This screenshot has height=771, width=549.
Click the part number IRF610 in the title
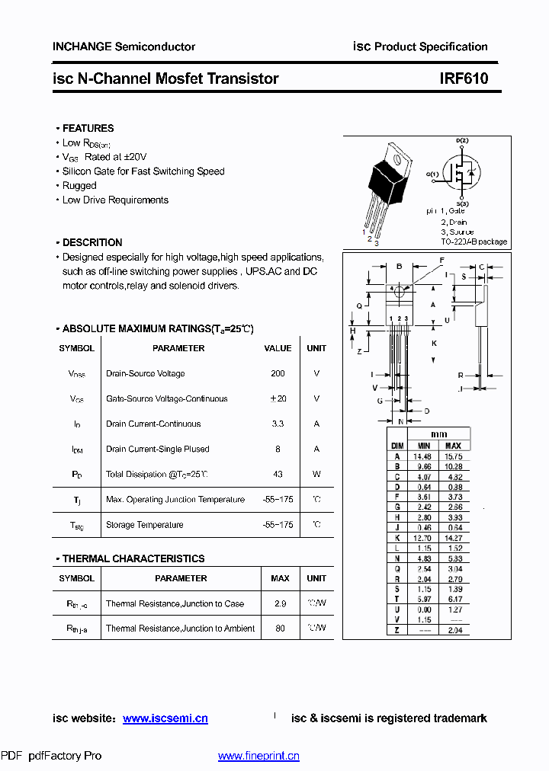(x=464, y=78)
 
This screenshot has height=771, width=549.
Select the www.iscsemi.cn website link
(x=165, y=718)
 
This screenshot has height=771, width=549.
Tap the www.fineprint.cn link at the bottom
(x=258, y=756)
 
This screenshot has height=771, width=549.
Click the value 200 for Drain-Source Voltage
(x=278, y=373)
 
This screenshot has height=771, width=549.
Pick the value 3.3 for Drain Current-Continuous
(x=278, y=424)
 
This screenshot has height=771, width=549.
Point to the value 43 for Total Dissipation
(x=278, y=474)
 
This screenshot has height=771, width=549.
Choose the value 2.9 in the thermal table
(x=280, y=603)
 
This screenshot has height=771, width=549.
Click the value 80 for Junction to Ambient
(x=280, y=629)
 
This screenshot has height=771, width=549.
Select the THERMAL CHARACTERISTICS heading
(x=133, y=558)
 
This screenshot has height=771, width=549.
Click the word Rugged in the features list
(x=79, y=185)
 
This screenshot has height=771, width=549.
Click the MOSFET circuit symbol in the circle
(x=462, y=173)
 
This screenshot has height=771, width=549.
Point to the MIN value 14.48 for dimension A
(x=422, y=456)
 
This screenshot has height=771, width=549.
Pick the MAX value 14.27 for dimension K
(x=453, y=537)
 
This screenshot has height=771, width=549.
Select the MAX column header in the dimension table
(x=453, y=446)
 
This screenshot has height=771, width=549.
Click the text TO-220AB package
(x=474, y=242)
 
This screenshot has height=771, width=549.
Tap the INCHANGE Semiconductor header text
(x=124, y=46)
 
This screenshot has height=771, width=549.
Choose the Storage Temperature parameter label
(x=145, y=525)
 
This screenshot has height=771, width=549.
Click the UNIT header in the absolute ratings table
(x=316, y=348)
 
